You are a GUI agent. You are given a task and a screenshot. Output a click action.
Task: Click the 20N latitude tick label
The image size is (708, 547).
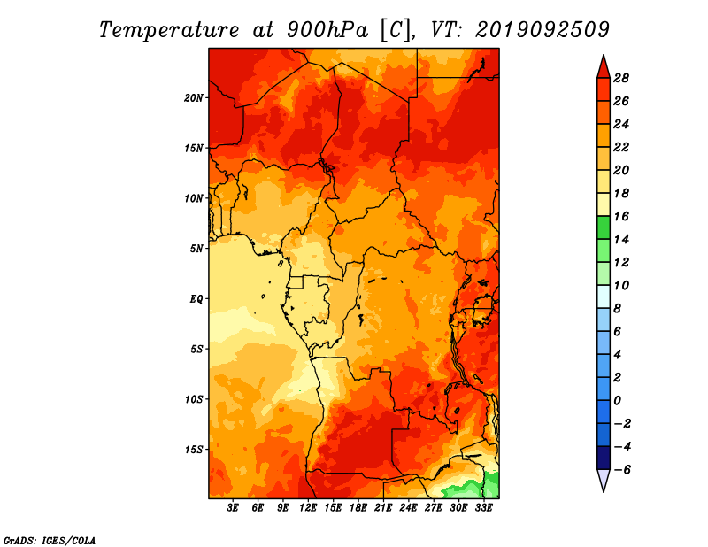click(194, 98)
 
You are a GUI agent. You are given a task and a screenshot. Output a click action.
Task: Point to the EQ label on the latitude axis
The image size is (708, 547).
click(196, 299)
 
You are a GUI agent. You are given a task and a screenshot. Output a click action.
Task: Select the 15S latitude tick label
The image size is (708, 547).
click(194, 450)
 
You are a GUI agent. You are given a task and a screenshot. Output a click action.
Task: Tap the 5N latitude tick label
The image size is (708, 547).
click(196, 249)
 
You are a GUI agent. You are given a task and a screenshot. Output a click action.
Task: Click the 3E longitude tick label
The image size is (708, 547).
click(233, 508)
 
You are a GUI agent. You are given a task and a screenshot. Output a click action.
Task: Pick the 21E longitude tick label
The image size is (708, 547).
click(383, 508)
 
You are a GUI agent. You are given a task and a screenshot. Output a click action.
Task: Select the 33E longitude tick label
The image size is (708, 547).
click(483, 508)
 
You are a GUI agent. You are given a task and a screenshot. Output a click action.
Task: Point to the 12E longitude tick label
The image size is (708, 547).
click(308, 508)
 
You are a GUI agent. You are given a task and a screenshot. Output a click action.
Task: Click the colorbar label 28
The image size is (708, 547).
click(621, 78)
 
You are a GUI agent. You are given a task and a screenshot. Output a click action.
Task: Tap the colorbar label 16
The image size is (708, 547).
click(621, 216)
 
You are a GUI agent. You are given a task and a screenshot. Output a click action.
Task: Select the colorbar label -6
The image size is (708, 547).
click(622, 470)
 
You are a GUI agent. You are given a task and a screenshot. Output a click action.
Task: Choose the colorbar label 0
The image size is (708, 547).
click(617, 401)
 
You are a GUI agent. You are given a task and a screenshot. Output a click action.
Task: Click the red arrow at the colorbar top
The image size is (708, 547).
click(604, 66)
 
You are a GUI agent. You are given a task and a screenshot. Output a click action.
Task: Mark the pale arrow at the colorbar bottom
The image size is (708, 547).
click(604, 481)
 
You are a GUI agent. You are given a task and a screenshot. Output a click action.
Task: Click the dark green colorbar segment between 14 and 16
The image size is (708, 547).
click(604, 227)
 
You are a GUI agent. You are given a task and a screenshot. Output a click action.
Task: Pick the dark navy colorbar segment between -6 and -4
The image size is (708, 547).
click(604, 458)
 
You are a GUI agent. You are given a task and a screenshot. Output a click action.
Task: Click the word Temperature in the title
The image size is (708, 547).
click(169, 30)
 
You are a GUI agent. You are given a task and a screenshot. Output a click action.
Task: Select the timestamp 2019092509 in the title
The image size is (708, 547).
click(543, 29)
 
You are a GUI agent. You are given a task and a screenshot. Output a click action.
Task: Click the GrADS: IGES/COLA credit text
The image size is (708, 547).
click(50, 541)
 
